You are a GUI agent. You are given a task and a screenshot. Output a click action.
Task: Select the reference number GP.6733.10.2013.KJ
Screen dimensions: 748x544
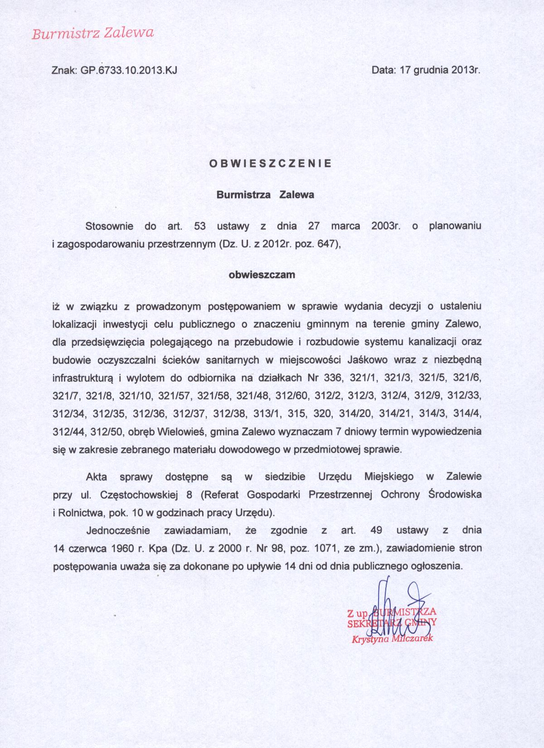(128, 71)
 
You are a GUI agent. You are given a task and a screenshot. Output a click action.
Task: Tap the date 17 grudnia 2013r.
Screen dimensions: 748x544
(439, 71)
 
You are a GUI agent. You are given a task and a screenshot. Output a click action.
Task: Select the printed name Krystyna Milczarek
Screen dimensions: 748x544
(392, 639)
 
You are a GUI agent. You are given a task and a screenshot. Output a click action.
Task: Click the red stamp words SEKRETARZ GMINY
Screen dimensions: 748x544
(391, 623)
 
